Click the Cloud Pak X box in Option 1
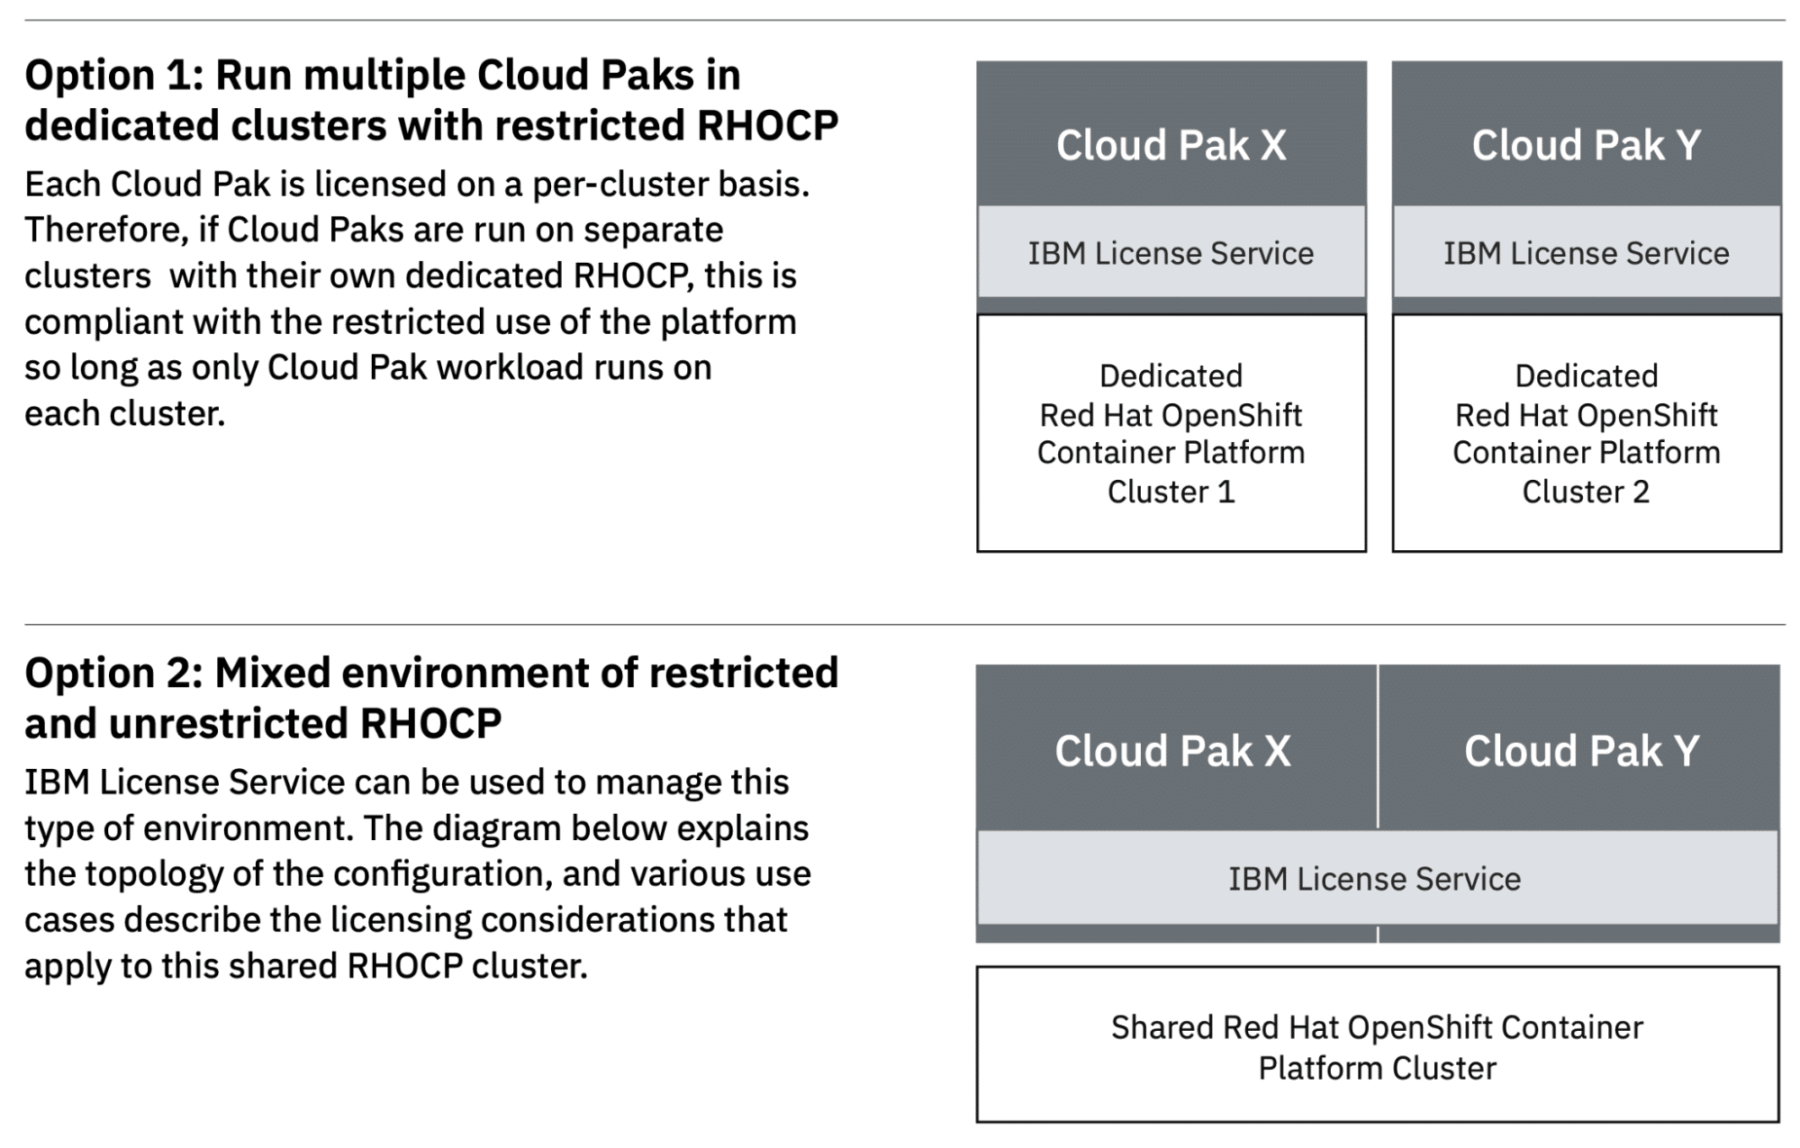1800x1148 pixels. pos(1171,133)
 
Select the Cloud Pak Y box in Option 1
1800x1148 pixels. pos(1587,133)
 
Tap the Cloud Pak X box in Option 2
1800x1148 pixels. pos(1176,747)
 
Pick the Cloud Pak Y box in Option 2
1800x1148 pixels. pos(1579,747)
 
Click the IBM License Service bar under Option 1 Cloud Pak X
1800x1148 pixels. pos(1171,252)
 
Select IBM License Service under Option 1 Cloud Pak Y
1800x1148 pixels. pos(1587,252)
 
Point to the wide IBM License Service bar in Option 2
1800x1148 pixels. pos(1378,878)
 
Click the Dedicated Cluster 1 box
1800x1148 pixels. pos(1171,433)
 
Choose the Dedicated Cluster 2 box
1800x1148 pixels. pos(1587,433)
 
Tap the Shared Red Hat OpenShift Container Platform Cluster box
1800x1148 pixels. pos(1378,1044)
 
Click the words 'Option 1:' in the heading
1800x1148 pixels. pos(114,75)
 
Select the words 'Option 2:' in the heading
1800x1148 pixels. pos(114,673)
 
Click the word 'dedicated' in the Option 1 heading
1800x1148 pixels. pos(122,125)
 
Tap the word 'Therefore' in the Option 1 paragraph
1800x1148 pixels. pos(104,231)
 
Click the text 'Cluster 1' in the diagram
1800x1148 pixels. pos(1171,492)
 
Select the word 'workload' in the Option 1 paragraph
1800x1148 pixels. pos(510,367)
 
